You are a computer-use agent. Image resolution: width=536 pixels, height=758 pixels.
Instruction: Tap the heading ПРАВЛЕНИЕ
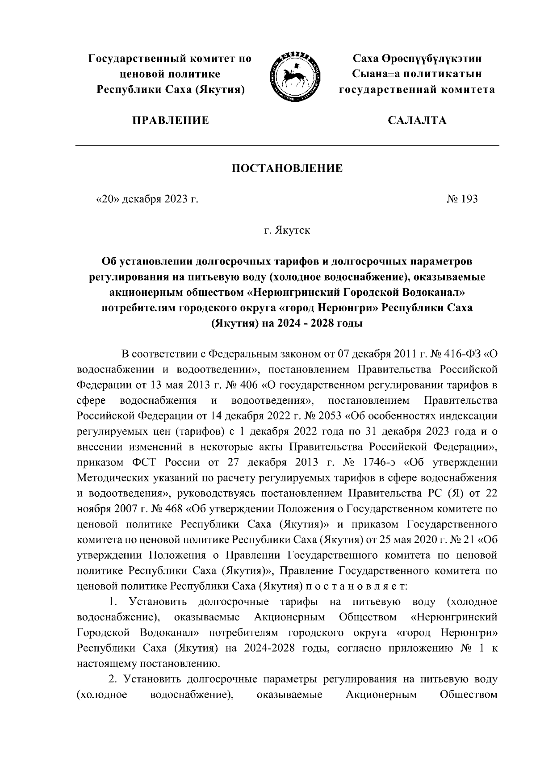170,120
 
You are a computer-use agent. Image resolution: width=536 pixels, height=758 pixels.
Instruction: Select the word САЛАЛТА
417,120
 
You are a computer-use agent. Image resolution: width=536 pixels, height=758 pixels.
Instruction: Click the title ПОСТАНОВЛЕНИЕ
287,168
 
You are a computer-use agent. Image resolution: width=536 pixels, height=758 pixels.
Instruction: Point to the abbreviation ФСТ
140,462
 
